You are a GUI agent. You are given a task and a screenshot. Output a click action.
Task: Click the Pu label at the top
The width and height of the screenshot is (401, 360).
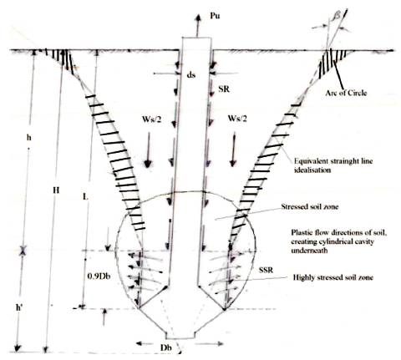pyautogui.click(x=215, y=16)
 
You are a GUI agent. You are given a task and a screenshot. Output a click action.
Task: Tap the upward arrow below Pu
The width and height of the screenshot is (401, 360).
pyautogui.click(x=198, y=25)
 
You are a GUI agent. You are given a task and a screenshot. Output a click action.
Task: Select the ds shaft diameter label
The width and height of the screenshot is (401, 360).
pyautogui.click(x=191, y=74)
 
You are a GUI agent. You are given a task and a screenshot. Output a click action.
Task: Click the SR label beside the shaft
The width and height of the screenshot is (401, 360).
pyautogui.click(x=224, y=89)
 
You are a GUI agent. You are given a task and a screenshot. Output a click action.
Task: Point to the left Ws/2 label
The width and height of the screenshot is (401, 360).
pyautogui.click(x=152, y=119)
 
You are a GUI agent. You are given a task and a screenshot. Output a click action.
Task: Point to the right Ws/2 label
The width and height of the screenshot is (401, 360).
pyautogui.click(x=237, y=119)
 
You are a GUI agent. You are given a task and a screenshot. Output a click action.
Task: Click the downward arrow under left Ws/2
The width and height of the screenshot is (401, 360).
pyautogui.click(x=148, y=150)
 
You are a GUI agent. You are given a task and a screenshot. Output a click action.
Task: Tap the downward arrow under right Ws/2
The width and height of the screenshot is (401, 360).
pyautogui.click(x=233, y=150)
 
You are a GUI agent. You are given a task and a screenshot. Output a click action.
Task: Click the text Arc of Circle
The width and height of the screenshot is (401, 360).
pyautogui.click(x=346, y=93)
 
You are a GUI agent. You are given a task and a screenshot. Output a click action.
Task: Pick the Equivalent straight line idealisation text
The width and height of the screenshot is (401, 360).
pyautogui.click(x=333, y=165)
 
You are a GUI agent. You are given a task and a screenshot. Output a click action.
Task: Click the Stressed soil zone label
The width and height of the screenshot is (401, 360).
pyautogui.click(x=310, y=206)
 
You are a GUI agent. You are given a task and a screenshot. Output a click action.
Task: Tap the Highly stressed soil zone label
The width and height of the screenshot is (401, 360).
pyautogui.click(x=333, y=277)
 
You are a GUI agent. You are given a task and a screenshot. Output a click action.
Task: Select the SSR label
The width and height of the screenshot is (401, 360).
pyautogui.click(x=266, y=270)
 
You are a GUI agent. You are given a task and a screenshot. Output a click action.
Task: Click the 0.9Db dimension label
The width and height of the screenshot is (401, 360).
pyautogui.click(x=99, y=276)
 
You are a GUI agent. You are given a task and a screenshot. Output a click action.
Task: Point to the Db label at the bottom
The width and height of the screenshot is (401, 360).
pyautogui.click(x=165, y=347)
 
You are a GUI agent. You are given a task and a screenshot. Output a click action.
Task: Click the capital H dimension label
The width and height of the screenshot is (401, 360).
pyautogui.click(x=56, y=190)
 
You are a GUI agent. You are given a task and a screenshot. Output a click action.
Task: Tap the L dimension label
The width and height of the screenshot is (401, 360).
pyautogui.click(x=85, y=197)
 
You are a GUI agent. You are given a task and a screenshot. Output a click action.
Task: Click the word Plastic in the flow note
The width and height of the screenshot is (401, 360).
pyautogui.click(x=301, y=233)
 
